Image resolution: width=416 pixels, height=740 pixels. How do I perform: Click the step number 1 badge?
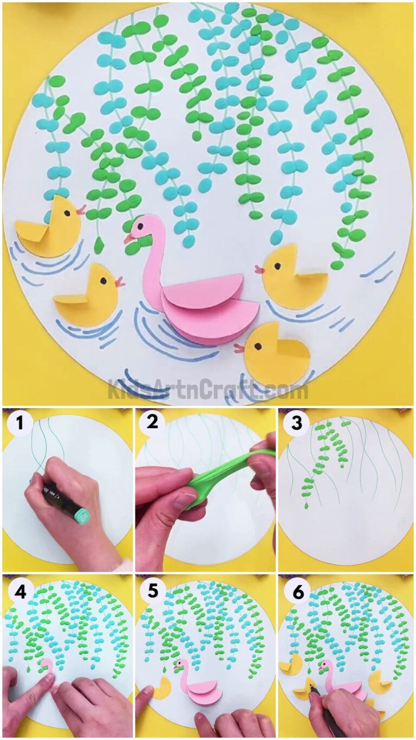20,423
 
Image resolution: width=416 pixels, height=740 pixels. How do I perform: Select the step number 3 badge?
296,423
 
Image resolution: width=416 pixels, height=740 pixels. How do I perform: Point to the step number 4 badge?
20,592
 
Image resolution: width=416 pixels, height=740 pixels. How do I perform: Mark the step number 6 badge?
296,592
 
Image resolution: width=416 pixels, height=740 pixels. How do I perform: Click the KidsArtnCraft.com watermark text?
208,389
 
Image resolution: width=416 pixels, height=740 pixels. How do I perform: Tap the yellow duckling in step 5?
162,688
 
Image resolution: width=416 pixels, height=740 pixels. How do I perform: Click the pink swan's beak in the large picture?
128,238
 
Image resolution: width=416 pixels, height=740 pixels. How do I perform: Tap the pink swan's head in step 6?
327,666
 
